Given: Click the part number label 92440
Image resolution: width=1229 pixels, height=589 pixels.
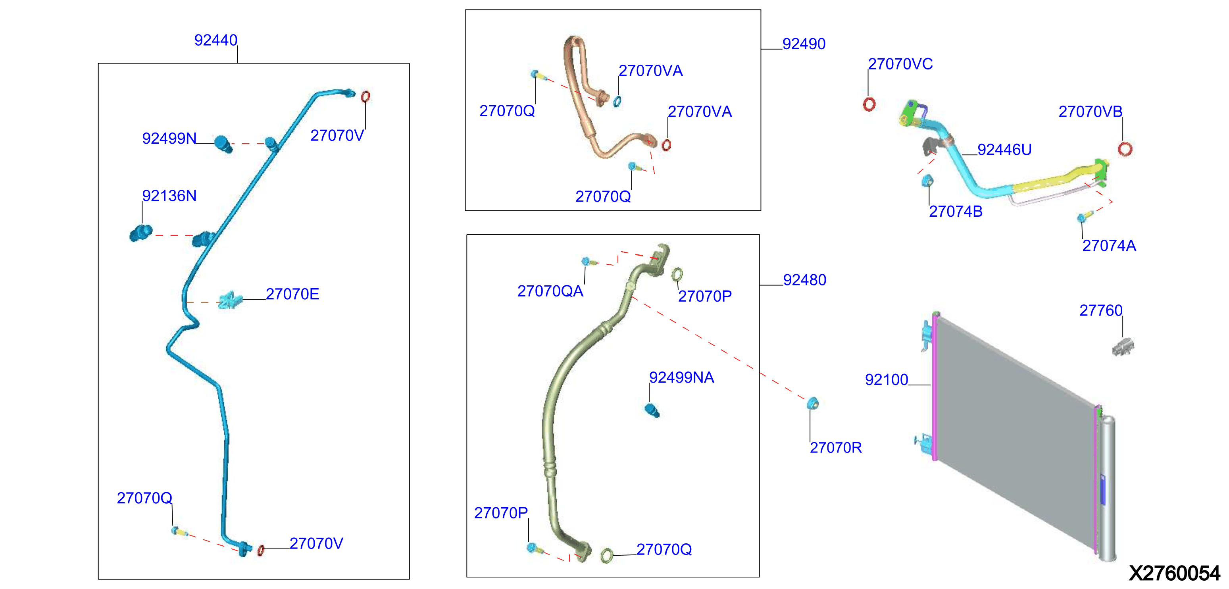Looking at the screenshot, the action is [215, 40].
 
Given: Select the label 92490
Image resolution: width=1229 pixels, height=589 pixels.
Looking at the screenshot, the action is [804, 44].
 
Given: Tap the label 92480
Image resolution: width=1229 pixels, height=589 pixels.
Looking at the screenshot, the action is [804, 280].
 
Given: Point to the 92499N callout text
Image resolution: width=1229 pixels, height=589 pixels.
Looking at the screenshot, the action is [169, 139].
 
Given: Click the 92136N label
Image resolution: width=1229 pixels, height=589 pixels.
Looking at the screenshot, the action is [169, 196].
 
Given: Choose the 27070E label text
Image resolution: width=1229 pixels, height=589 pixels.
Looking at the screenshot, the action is [292, 294].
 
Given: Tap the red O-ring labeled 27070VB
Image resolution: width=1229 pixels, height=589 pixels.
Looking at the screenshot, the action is [1125, 149].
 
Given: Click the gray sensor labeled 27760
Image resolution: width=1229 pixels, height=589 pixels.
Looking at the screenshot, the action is [1123, 346].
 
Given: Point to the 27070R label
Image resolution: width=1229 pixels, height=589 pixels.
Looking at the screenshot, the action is [836, 448].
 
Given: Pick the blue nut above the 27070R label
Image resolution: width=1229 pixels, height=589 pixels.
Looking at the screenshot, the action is [812, 403].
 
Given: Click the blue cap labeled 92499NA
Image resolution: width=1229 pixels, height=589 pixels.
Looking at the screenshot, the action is [652, 410].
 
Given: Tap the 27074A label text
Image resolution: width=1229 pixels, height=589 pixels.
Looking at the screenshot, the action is [1109, 246].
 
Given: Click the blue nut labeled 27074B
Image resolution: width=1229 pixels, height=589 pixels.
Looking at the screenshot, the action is [927, 181].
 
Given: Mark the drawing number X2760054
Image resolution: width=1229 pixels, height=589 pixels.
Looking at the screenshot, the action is [1174, 573].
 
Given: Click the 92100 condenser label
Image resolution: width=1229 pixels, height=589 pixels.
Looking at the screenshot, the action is [887, 380].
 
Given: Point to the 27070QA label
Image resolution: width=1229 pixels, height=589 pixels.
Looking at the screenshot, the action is [550, 291].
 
